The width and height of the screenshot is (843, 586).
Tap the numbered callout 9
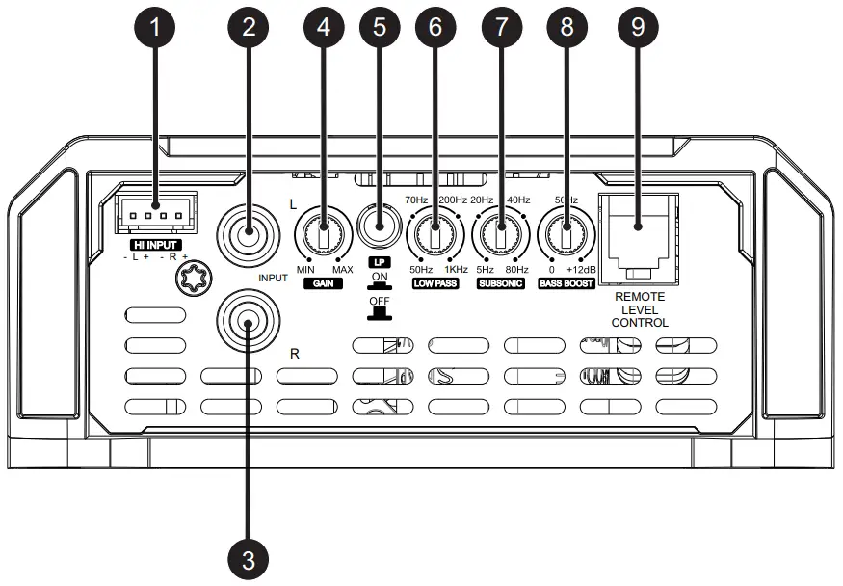(x=637, y=27)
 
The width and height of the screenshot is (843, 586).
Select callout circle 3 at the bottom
(x=249, y=558)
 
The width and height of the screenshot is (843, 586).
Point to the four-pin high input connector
(x=153, y=218)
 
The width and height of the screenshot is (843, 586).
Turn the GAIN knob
(x=325, y=231)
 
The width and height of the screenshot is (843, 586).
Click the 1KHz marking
(x=456, y=270)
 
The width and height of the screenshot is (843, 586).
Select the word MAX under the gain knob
(x=344, y=270)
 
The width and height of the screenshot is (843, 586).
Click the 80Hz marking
(x=518, y=270)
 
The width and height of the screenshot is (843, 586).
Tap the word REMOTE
(x=640, y=298)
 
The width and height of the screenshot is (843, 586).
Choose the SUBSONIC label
(x=501, y=285)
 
